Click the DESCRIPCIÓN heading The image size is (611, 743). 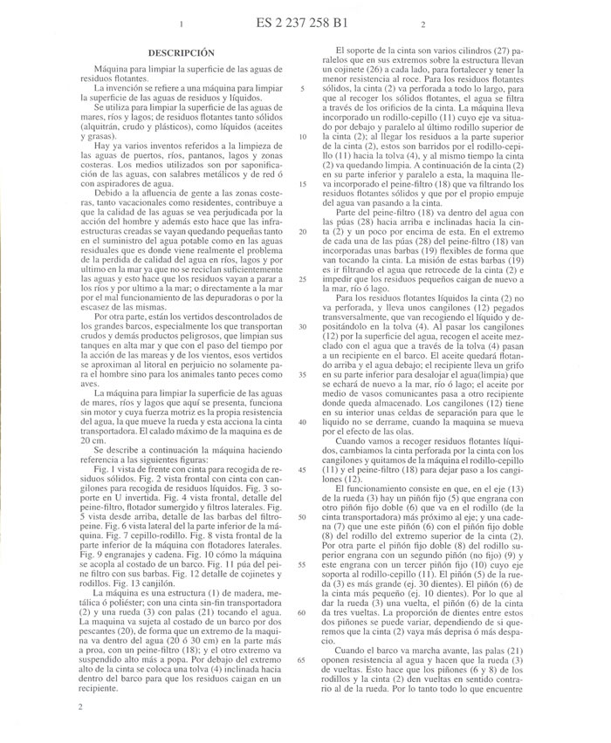point(180,52)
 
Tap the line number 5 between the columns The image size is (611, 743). point(301,88)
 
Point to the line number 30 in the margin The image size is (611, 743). point(301,325)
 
